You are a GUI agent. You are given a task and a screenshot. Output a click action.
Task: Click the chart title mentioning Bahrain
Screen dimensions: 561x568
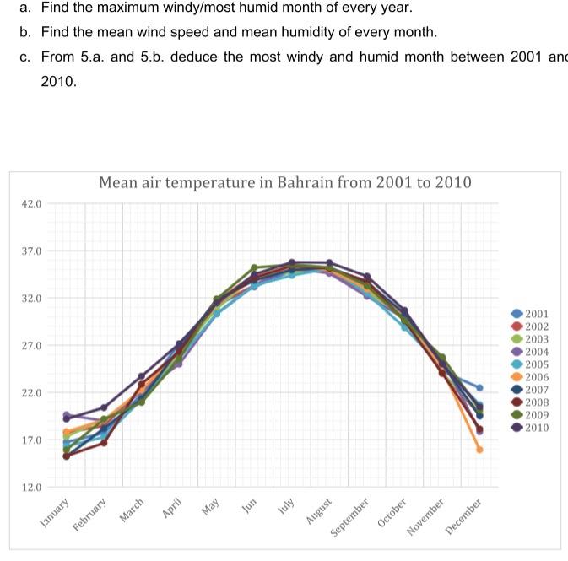click(284, 182)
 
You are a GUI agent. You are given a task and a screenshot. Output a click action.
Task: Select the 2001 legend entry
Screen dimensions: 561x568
click(536, 314)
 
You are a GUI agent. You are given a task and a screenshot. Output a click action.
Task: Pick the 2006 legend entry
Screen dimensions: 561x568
click(536, 377)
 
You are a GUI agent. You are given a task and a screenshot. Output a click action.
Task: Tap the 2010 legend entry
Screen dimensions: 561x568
click(536, 428)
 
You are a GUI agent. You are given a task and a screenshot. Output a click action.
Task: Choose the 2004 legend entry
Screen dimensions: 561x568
click(536, 352)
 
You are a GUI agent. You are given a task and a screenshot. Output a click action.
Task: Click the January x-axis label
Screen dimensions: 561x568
click(56, 513)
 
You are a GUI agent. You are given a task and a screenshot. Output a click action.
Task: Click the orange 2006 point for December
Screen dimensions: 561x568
click(479, 450)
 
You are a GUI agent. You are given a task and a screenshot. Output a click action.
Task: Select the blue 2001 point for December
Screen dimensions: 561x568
click(479, 388)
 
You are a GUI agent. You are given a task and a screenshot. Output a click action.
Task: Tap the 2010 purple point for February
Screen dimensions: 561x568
click(104, 407)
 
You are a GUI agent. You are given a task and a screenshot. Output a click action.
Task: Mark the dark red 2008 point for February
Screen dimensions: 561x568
click(104, 443)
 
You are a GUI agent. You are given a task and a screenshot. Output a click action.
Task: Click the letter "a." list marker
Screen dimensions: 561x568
click(24, 8)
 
